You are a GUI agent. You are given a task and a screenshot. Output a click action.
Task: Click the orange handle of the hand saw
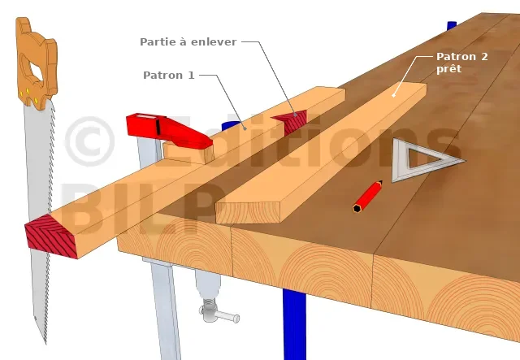[x=37, y=63]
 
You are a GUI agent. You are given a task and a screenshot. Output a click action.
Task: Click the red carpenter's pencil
[x=367, y=197]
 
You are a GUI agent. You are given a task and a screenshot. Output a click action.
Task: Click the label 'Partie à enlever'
[x=188, y=42]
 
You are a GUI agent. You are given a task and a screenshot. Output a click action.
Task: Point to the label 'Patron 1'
[x=169, y=76]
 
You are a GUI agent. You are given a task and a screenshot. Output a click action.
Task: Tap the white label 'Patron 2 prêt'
[x=462, y=63]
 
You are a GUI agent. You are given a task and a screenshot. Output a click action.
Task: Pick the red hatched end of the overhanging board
[x=52, y=236]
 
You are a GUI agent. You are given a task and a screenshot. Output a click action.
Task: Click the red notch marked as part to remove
[x=291, y=121]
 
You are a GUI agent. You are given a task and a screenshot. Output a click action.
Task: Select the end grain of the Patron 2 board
[x=248, y=213]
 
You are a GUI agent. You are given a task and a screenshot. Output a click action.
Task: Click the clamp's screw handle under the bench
[x=219, y=314]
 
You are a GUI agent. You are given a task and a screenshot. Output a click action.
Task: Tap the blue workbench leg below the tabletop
[x=294, y=324]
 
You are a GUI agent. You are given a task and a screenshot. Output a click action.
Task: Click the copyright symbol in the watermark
[x=89, y=141]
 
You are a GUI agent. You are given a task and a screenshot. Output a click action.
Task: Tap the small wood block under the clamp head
[x=188, y=152]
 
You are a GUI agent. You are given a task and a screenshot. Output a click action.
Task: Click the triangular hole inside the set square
[x=423, y=157]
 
